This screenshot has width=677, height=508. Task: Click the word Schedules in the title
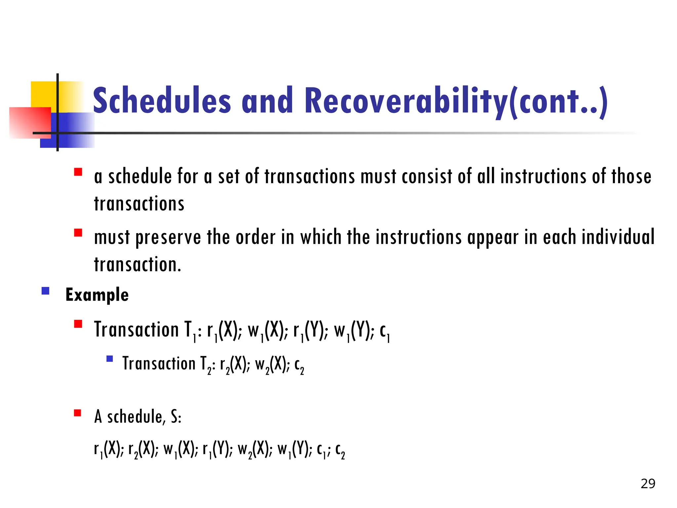(x=162, y=100)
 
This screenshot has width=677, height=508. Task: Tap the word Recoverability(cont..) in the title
(x=456, y=100)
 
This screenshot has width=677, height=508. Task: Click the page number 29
(x=648, y=484)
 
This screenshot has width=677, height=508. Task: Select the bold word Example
(x=97, y=295)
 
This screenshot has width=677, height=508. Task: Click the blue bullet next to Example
(x=46, y=291)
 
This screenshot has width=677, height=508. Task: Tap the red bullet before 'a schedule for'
(x=78, y=172)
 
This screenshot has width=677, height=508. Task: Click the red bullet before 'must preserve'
(x=78, y=233)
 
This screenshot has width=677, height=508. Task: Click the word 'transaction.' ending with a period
(x=138, y=265)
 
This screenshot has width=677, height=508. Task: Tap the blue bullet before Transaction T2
(x=110, y=359)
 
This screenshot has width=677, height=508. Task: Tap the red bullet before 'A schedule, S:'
(x=78, y=413)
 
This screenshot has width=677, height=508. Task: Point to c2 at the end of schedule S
(x=340, y=450)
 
